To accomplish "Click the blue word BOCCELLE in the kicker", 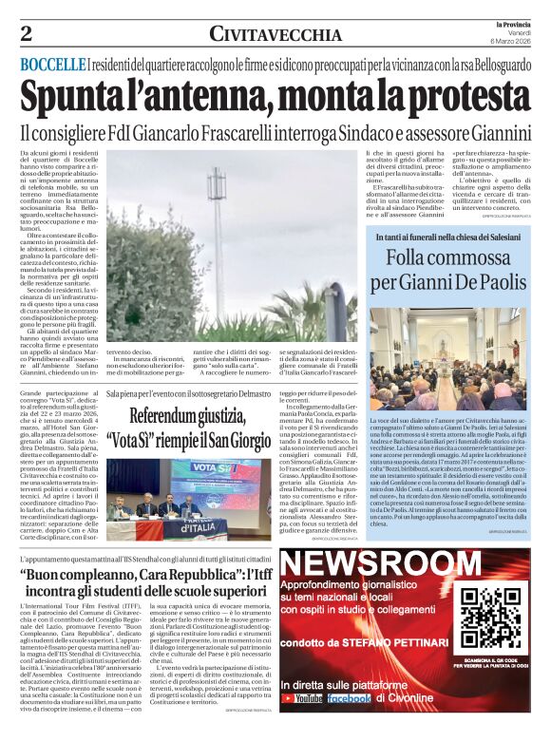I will tap(52, 64).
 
